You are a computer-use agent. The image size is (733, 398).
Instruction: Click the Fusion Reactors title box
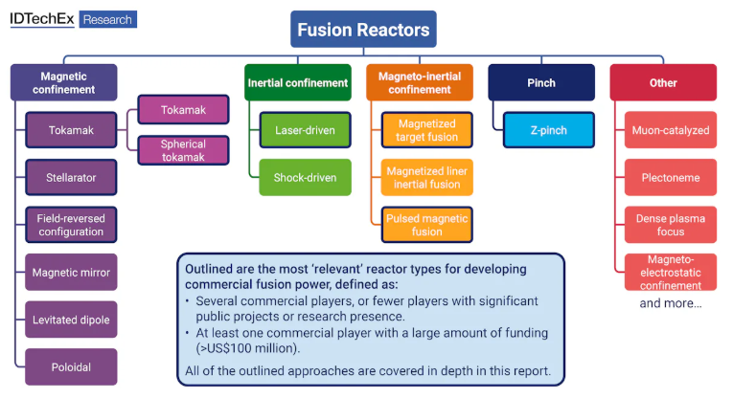pos(363,30)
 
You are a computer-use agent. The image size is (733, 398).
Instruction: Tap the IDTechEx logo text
pos(42,19)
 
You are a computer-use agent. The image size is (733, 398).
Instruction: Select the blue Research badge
pos(108,19)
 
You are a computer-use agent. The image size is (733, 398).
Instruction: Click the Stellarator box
pos(71,177)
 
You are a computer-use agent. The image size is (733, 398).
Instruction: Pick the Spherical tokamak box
pos(183,150)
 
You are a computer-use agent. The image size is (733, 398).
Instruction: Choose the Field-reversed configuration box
pos(71,225)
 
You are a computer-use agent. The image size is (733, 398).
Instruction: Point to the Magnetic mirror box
pos(71,273)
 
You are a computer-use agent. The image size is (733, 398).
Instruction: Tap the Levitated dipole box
pos(71,320)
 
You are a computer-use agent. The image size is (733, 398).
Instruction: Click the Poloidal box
pos(71,367)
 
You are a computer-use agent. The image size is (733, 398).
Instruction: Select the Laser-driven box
pos(306,130)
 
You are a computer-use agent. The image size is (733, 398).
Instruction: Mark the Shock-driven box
pos(306,177)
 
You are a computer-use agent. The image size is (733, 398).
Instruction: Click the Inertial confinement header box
pos(298,82)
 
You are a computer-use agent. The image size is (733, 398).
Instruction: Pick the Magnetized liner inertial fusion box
pos(426,177)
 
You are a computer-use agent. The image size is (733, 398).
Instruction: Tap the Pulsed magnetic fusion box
pos(426,225)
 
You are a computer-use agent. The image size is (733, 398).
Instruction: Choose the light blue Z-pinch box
pos(549,130)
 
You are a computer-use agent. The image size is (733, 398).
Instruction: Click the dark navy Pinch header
pos(541,82)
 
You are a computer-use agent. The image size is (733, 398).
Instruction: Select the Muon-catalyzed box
pos(671,130)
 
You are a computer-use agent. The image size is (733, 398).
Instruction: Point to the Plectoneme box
pos(671,177)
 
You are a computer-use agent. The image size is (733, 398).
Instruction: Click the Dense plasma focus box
pos(671,225)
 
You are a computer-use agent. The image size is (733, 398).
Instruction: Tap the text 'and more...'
pos(671,303)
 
